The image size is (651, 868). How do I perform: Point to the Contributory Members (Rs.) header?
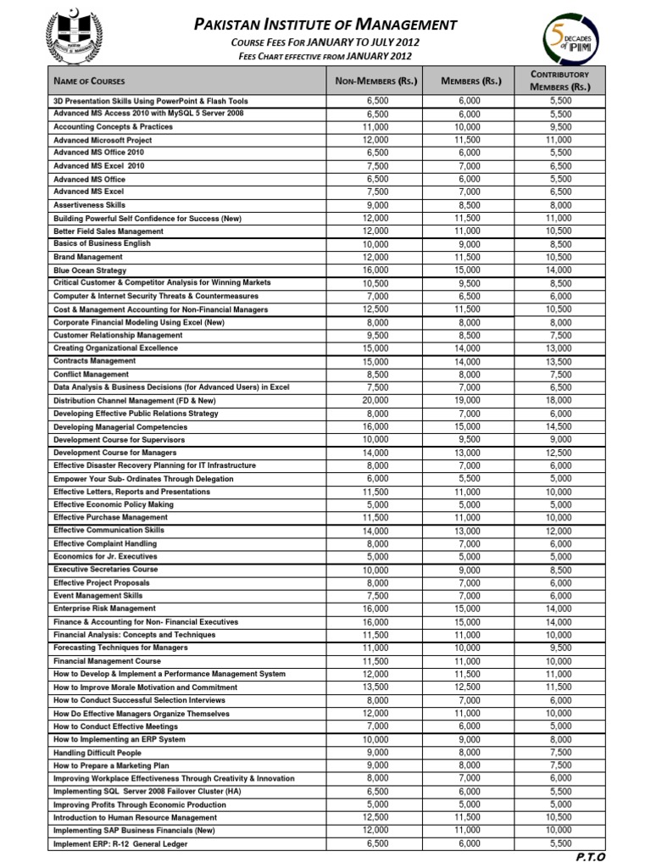[559, 81]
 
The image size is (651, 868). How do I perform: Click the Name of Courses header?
[90, 81]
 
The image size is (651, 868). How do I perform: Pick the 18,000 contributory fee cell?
[559, 401]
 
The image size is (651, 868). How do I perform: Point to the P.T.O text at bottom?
[590, 858]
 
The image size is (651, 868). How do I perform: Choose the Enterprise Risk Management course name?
[104, 609]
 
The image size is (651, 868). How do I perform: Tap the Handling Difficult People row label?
[97, 753]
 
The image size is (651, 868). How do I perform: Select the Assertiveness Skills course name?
[90, 205]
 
